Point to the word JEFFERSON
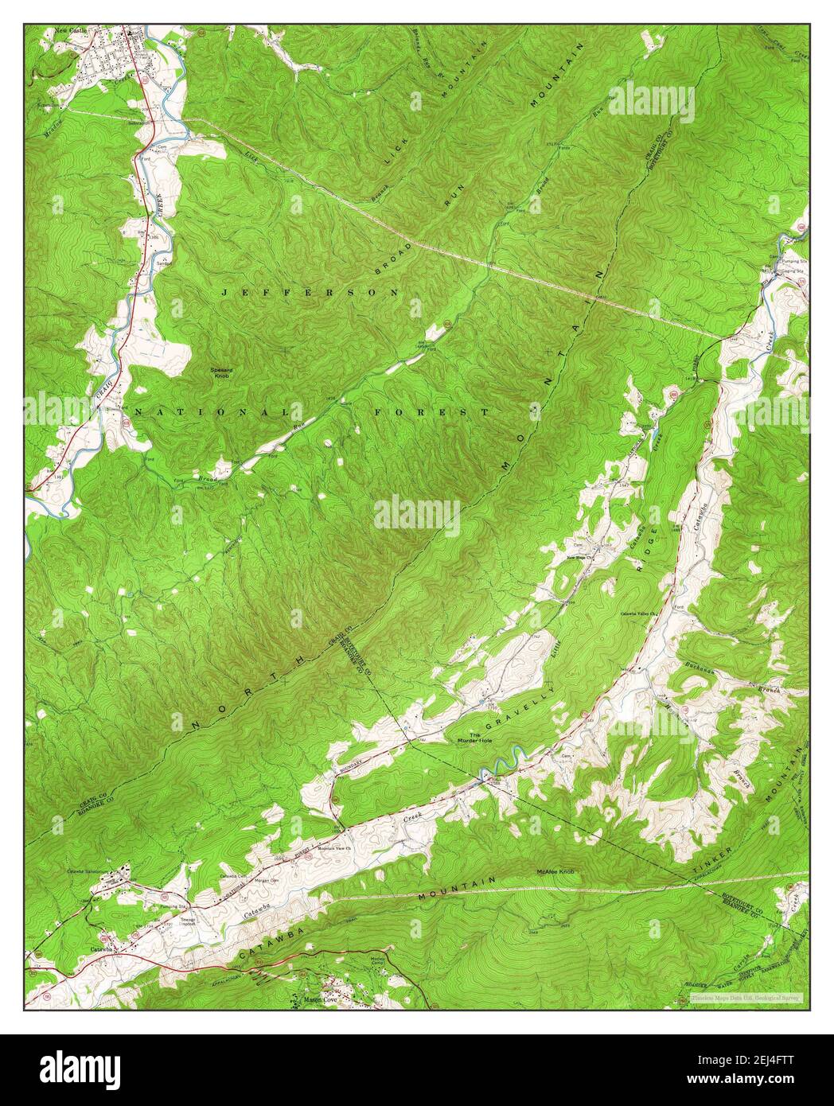click(x=310, y=293)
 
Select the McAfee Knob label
click(x=555, y=872)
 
